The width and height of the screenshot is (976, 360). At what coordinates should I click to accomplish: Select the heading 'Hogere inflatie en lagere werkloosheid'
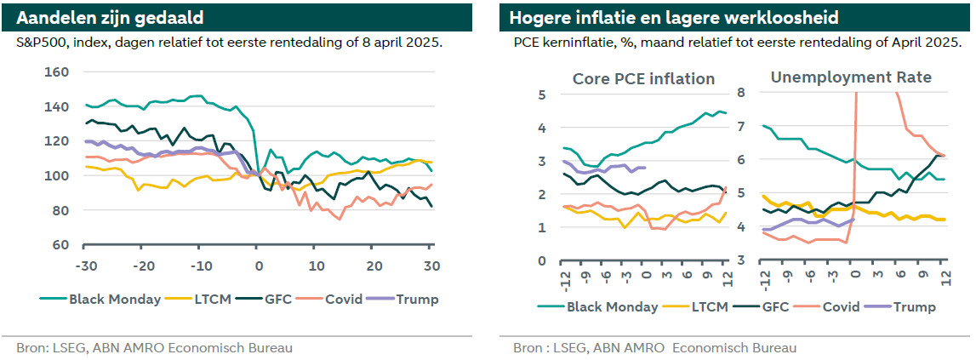click(662, 18)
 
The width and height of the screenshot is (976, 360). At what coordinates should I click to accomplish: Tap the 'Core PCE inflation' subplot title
click(643, 78)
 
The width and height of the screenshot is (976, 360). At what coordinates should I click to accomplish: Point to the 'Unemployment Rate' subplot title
click(851, 77)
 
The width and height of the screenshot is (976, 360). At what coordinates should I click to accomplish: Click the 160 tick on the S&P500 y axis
click(56, 72)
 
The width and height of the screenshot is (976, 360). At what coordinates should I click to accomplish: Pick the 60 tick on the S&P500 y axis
click(60, 245)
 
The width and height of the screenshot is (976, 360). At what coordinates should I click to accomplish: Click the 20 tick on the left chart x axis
click(374, 266)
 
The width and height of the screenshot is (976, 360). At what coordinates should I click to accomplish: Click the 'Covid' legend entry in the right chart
click(838, 307)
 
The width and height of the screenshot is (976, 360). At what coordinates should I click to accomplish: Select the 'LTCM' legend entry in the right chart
click(709, 307)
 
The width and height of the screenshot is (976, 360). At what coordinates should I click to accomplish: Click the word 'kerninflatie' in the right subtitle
click(579, 43)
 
